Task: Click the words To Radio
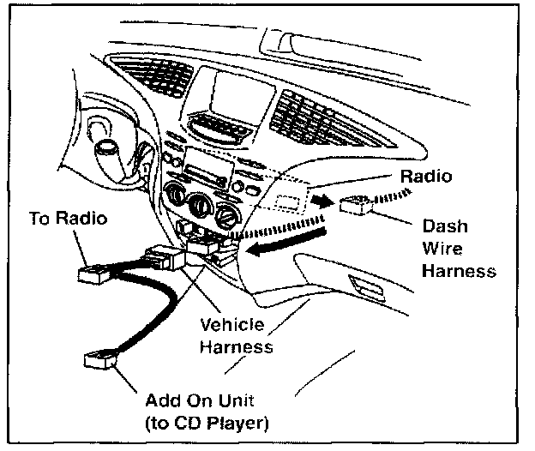(x=68, y=218)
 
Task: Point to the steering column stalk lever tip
(x=106, y=152)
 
